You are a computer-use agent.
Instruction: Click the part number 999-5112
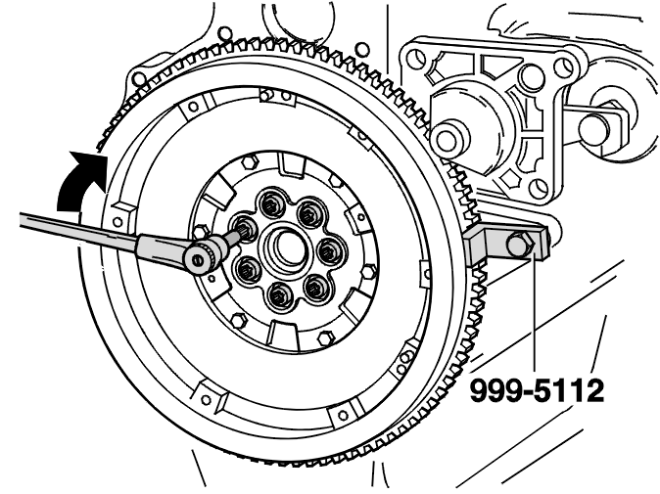pos(537,390)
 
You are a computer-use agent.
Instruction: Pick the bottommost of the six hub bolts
pos(279,296)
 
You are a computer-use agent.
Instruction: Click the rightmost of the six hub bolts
pos(328,250)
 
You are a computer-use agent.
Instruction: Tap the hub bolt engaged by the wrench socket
pos(244,227)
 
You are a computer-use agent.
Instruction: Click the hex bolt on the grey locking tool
pos(519,245)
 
